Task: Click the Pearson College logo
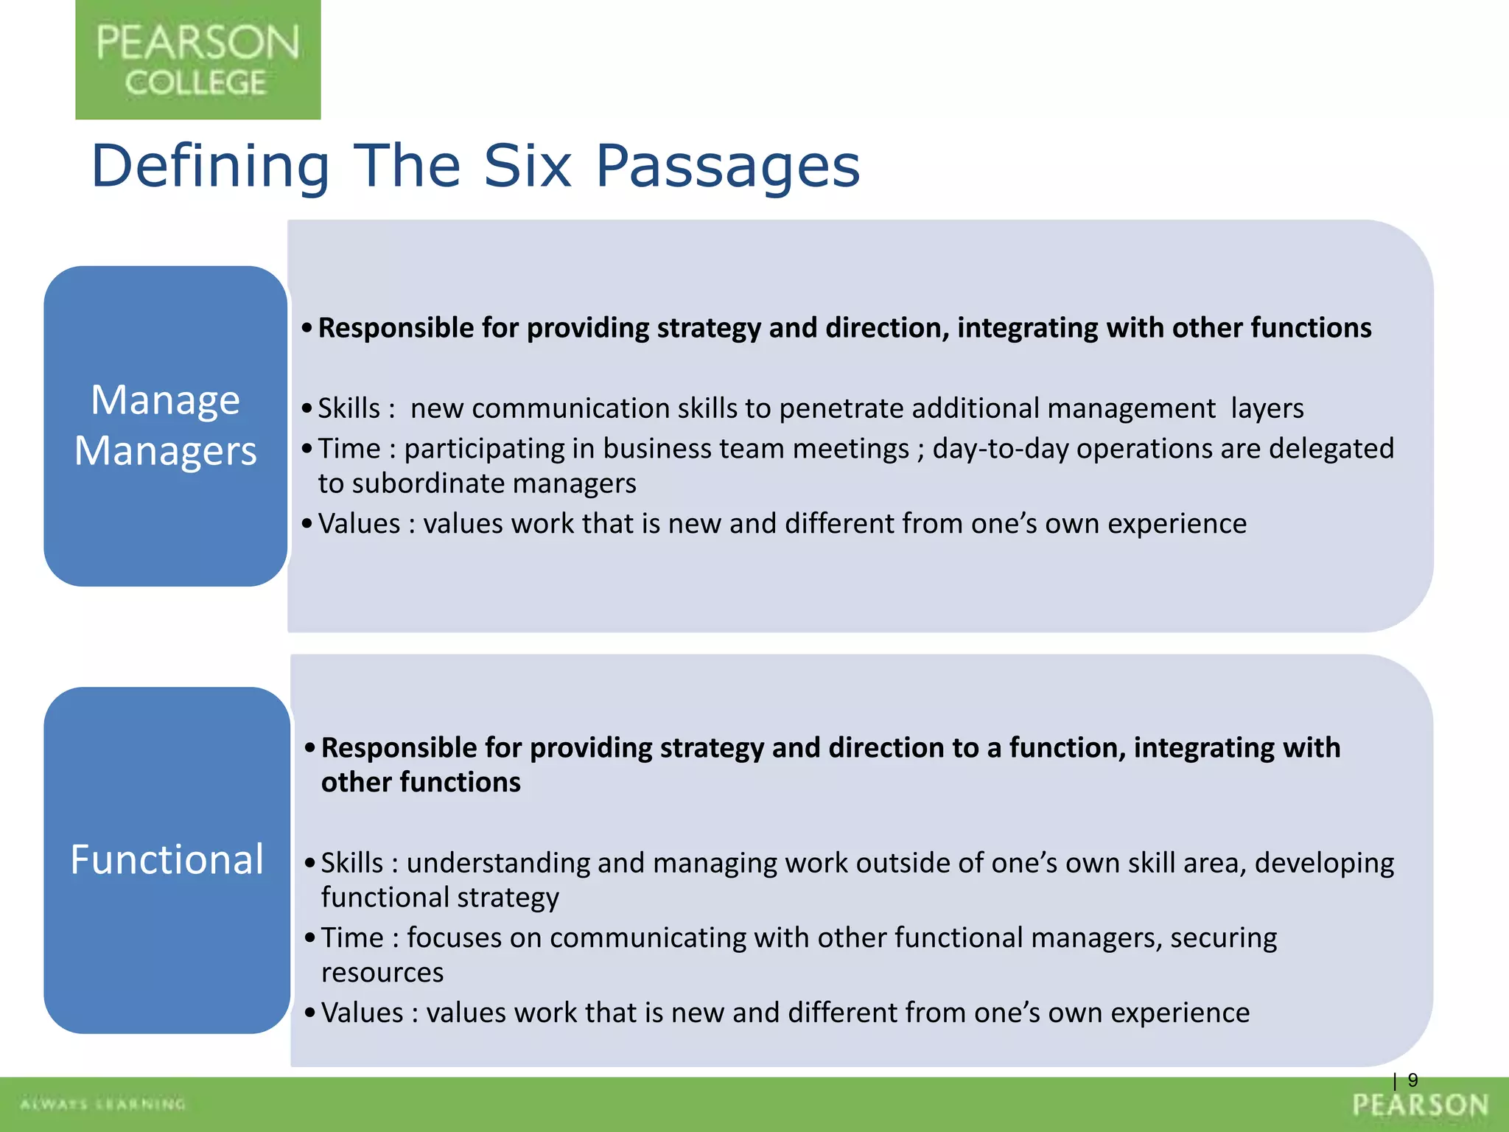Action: point(197,60)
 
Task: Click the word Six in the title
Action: point(527,166)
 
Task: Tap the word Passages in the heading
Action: point(727,166)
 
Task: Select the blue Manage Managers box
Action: point(165,425)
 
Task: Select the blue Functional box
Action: point(167,859)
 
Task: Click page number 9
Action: point(1412,1080)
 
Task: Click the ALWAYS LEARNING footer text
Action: point(103,1104)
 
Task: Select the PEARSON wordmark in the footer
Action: point(1420,1105)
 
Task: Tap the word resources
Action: point(382,973)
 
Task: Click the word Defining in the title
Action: point(210,166)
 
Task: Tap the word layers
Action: point(1267,408)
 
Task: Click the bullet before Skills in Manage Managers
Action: point(307,408)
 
